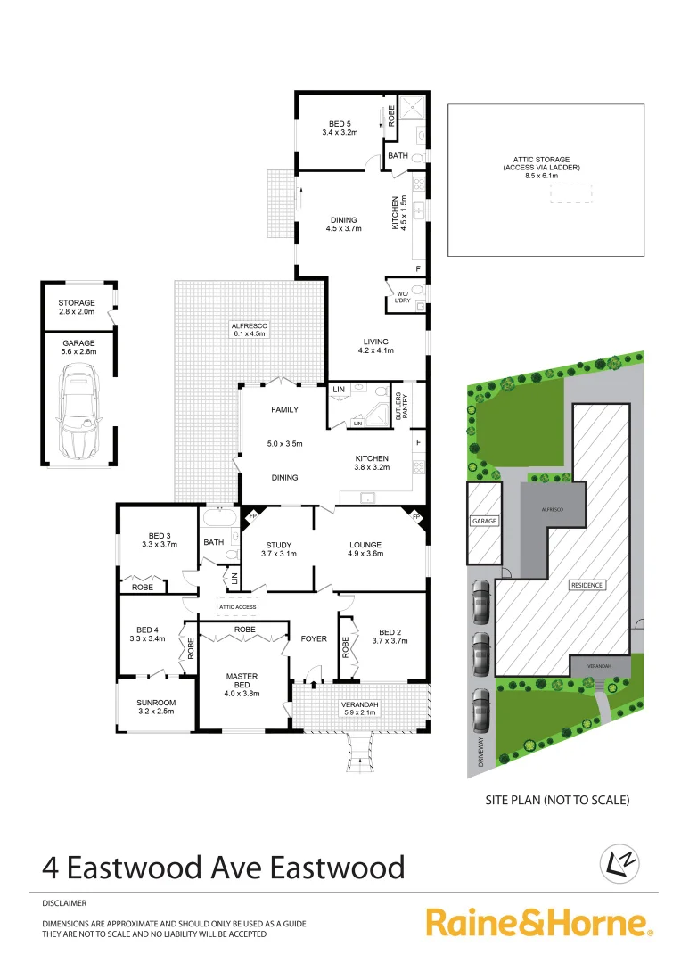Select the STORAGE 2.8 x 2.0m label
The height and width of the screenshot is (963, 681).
[x=77, y=307]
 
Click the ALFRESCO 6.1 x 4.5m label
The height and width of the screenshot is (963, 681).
[x=250, y=331]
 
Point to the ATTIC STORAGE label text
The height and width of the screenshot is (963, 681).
[x=541, y=167]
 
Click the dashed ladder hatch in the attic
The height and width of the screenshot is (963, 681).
[x=570, y=193]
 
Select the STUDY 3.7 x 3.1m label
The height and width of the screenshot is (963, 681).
[x=279, y=549]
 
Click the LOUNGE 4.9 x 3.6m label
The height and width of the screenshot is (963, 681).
[x=365, y=549]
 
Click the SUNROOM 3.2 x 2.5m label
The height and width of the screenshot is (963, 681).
[x=155, y=706]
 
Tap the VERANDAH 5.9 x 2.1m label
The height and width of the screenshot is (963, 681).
[x=361, y=710]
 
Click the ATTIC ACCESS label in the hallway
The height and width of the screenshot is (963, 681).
[x=236, y=607]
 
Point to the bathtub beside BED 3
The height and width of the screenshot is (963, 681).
[x=218, y=517]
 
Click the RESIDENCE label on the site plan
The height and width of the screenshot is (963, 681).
[x=587, y=585]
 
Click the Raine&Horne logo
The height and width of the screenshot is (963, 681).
[x=540, y=922]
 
